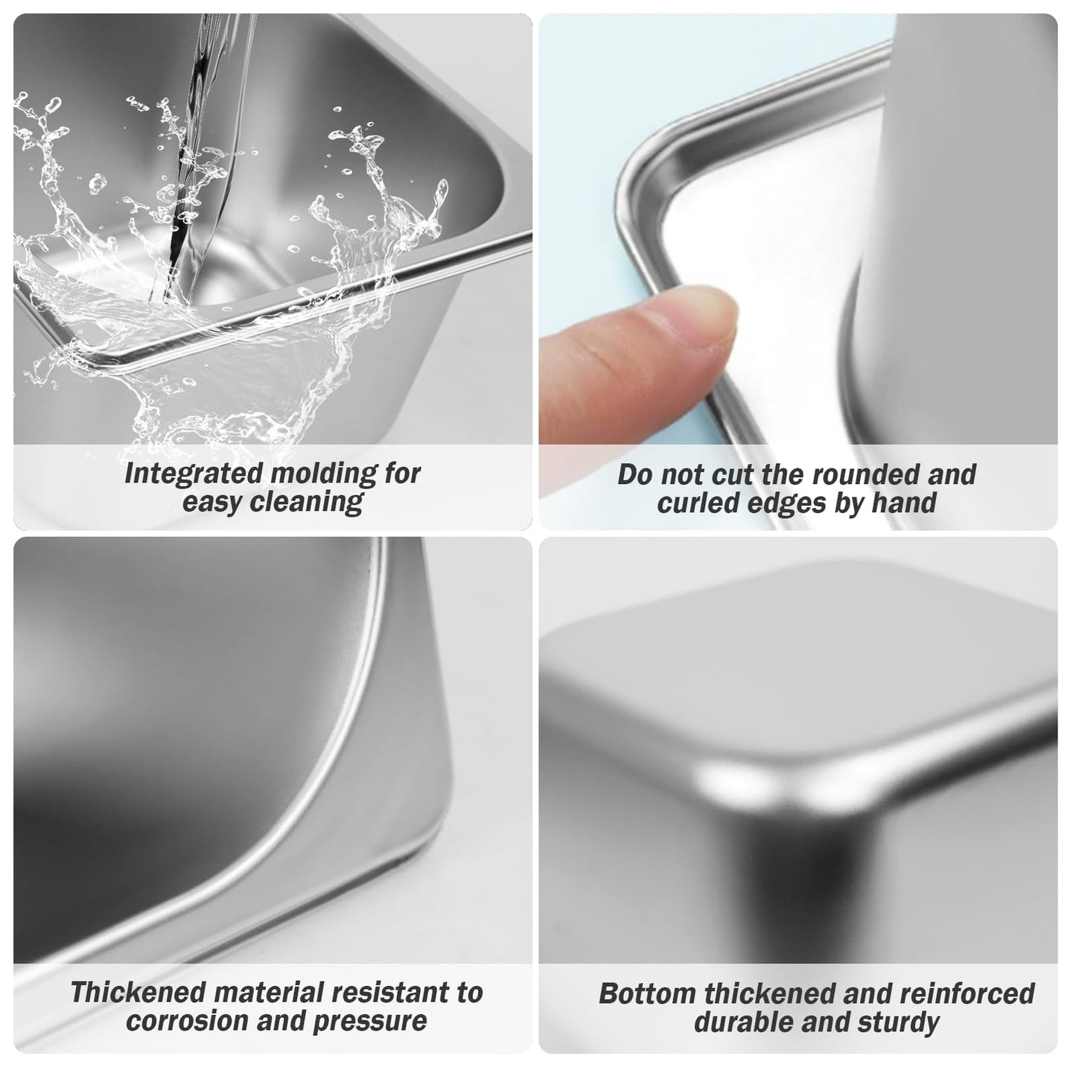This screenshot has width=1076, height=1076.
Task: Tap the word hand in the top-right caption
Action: click(905, 503)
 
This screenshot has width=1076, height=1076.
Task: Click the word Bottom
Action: click(648, 994)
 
